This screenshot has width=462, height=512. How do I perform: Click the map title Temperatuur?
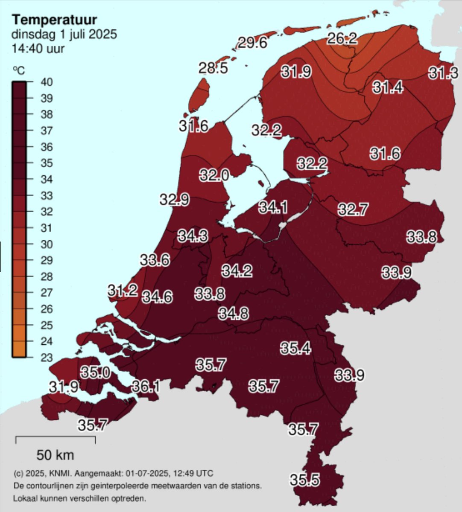[54, 20]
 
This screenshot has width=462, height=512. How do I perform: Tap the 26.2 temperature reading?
[342, 39]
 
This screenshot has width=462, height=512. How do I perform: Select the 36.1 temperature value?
[146, 387]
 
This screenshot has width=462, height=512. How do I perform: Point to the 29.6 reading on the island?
[252, 43]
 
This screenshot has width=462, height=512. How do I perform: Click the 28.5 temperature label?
[213, 68]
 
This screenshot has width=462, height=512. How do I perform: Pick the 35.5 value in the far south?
[305, 480]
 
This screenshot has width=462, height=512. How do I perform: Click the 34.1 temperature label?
[273, 208]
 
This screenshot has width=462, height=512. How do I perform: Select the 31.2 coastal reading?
[123, 291]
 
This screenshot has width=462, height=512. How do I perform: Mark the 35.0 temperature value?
[96, 372]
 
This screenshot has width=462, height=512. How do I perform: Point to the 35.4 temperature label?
[295, 348]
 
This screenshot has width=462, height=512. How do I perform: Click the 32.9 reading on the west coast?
[175, 199]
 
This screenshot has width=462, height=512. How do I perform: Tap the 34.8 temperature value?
[234, 314]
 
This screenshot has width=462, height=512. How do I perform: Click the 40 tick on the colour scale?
[47, 82]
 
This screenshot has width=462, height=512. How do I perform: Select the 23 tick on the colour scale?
[47, 358]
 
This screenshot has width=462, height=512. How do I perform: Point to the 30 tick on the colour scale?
[47, 244]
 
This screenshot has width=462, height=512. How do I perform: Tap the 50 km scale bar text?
[55, 455]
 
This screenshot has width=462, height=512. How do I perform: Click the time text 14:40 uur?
[38, 48]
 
